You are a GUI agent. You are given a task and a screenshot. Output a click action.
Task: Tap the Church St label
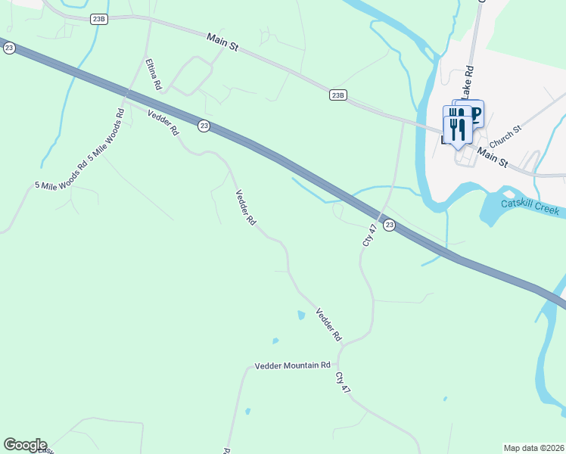coord(505,137)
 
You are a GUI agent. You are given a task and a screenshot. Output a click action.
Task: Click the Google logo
coord(25,445)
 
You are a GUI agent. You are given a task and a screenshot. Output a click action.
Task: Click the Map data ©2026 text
coord(533,448)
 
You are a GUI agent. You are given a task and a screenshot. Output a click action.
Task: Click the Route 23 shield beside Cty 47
coord(389,225)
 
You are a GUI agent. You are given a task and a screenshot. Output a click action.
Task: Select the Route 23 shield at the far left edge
coord(8,48)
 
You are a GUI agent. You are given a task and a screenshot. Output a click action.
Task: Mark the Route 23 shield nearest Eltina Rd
coord(204,126)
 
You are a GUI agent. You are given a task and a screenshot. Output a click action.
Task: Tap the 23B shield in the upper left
coord(98,20)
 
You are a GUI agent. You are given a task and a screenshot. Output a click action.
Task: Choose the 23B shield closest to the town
coord(338,95)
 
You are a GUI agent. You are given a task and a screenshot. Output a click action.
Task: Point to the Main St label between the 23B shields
coord(223,42)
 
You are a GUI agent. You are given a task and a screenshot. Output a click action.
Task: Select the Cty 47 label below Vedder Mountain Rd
coord(344,382)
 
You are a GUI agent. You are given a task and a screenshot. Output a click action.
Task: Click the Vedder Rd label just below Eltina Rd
coord(163,123)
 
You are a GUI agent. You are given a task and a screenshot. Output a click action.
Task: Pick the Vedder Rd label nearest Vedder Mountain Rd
coord(329,323)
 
